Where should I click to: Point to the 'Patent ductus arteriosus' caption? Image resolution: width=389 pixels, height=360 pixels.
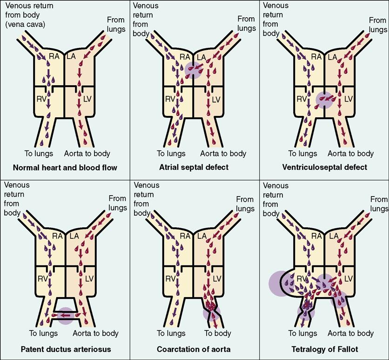coord(65,348)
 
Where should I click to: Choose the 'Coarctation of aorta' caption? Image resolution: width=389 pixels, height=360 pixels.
coord(194,348)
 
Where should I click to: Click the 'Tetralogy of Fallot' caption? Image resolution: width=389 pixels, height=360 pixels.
coord(324,348)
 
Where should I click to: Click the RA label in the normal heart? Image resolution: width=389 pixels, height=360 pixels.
coord(54,57)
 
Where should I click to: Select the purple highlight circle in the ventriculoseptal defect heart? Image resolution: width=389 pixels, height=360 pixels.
coord(324,100)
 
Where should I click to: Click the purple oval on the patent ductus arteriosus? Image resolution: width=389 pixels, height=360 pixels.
coord(65,315)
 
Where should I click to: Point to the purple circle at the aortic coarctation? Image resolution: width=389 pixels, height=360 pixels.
coord(212,312)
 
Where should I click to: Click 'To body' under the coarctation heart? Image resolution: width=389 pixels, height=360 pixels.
coord(217,333)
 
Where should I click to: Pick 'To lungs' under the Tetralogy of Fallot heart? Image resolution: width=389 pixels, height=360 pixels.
coord(302,333)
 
